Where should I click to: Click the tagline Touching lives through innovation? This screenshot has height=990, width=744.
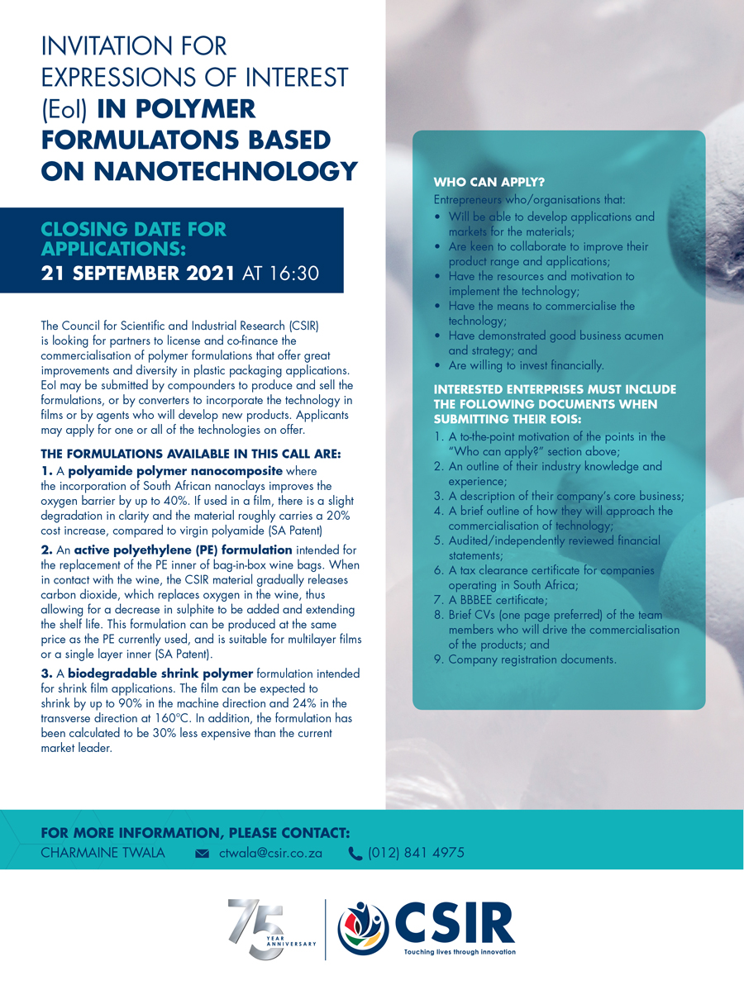coord(459,952)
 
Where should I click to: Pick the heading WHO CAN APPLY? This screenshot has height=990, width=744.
coord(489,183)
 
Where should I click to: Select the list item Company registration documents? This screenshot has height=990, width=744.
coord(532,659)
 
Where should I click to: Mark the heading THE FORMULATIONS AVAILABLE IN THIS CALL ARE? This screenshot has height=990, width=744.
coord(191,454)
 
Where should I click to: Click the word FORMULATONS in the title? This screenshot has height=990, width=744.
coord(145,140)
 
